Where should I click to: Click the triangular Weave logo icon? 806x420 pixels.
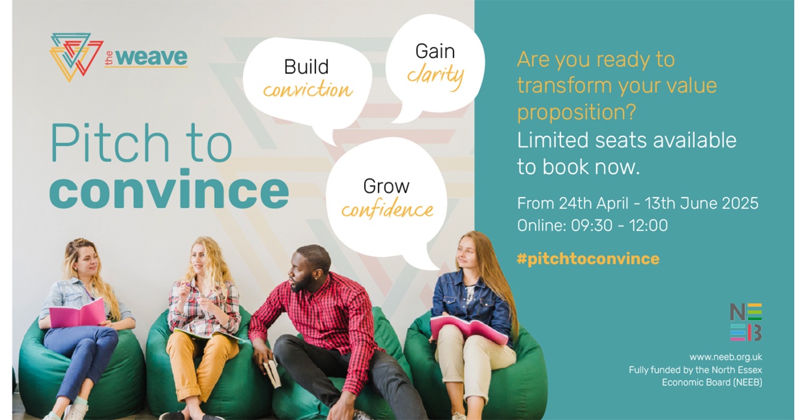[77, 57]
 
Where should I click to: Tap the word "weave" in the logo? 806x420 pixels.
[151, 57]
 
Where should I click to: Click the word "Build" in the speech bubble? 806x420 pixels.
[306, 67]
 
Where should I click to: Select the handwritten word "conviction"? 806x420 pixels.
[307, 89]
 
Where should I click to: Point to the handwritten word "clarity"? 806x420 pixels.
[435, 77]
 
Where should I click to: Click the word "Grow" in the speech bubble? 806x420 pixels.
[386, 187]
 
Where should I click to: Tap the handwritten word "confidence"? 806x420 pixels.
[387, 209]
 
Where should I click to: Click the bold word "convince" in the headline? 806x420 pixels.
[169, 189]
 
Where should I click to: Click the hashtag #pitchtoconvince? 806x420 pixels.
[588, 259]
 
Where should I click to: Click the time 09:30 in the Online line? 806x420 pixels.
[592, 225]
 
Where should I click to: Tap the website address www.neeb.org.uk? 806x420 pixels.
[725, 357]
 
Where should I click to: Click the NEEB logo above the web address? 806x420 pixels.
[746, 322]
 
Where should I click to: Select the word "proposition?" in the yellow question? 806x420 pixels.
[576, 112]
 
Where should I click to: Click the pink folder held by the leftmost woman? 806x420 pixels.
[78, 313]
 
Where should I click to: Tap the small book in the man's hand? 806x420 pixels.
[272, 374]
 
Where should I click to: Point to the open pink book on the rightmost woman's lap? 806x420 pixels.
[468, 329]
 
